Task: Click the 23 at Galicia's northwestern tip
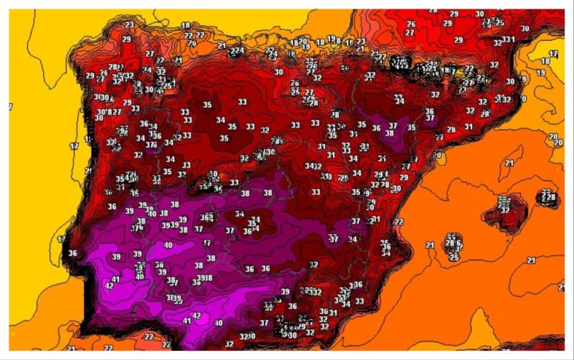click(x=129, y=25)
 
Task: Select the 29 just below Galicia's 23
click(x=126, y=39)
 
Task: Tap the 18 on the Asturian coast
click(x=186, y=26)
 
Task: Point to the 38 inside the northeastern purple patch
click(x=390, y=133)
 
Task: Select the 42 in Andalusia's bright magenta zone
click(x=197, y=316)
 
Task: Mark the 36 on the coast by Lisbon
click(x=72, y=253)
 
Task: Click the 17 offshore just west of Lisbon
click(x=62, y=239)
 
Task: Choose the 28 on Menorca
click(x=548, y=196)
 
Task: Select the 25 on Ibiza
click(x=453, y=256)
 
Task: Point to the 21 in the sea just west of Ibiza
click(x=430, y=245)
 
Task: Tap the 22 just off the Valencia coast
click(x=398, y=222)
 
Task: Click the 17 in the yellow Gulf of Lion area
click(x=553, y=55)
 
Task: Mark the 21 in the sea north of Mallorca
click(x=509, y=164)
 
